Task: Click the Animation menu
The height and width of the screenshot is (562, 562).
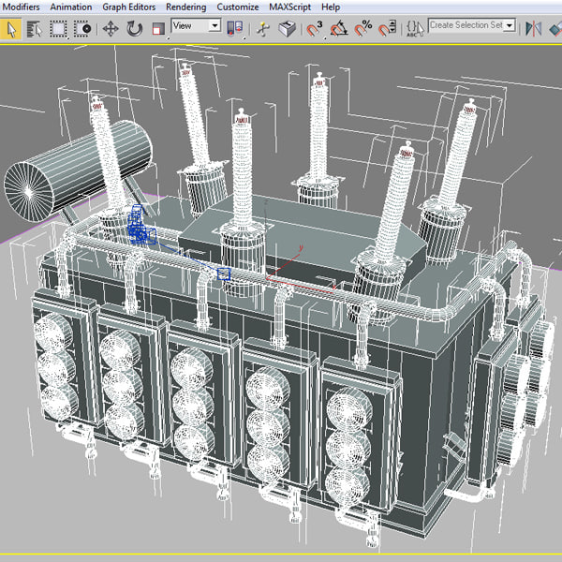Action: [71, 7]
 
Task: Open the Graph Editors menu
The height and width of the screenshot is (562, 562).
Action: [128, 7]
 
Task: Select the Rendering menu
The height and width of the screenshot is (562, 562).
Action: [185, 7]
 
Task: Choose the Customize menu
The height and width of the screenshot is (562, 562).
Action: [238, 7]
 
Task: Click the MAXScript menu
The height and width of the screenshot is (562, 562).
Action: [292, 7]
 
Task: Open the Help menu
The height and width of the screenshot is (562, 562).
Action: [331, 7]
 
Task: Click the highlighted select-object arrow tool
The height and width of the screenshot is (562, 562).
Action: [12, 29]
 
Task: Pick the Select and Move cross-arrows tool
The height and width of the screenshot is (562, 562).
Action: [111, 29]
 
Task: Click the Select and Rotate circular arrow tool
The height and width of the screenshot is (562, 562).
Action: [134, 29]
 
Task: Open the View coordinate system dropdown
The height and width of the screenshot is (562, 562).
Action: [196, 26]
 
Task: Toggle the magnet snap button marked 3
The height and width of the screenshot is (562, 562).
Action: [315, 29]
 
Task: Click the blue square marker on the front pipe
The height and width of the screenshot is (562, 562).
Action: [224, 274]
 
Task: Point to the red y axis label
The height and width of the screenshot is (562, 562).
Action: [301, 247]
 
